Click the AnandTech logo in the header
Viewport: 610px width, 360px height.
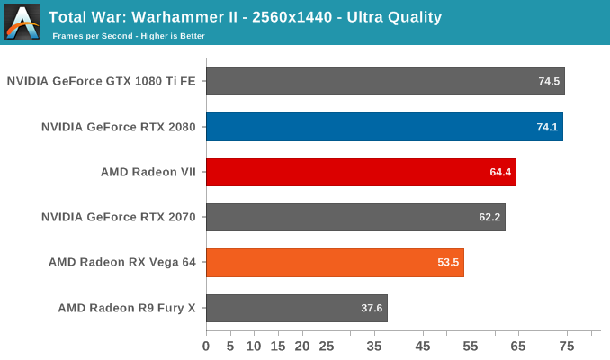click(22, 22)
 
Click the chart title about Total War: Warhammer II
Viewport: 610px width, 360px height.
click(245, 16)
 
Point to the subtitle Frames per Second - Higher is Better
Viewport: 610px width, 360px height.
click(129, 36)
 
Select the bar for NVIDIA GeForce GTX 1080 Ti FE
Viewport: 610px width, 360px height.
click(385, 81)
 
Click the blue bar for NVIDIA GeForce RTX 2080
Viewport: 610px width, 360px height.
click(384, 127)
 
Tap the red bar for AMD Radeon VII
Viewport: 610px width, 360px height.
click(361, 172)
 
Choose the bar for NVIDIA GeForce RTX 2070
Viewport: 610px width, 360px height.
click(355, 217)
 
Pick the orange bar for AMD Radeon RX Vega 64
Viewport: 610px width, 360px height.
click(335, 263)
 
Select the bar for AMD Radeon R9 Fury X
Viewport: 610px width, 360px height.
click(296, 308)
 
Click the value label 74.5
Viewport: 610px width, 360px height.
click(549, 82)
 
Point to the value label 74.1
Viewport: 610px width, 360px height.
click(547, 127)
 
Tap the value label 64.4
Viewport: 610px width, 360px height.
click(500, 172)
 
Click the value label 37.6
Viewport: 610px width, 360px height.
click(372, 308)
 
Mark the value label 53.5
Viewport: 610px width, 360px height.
click(448, 263)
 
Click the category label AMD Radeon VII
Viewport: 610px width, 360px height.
click(148, 172)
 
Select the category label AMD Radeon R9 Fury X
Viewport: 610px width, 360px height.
click(128, 308)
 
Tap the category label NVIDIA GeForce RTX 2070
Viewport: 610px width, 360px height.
click(119, 217)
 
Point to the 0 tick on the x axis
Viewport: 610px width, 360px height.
click(206, 346)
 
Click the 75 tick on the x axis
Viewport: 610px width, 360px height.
click(567, 346)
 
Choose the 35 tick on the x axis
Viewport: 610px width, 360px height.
click(374, 346)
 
